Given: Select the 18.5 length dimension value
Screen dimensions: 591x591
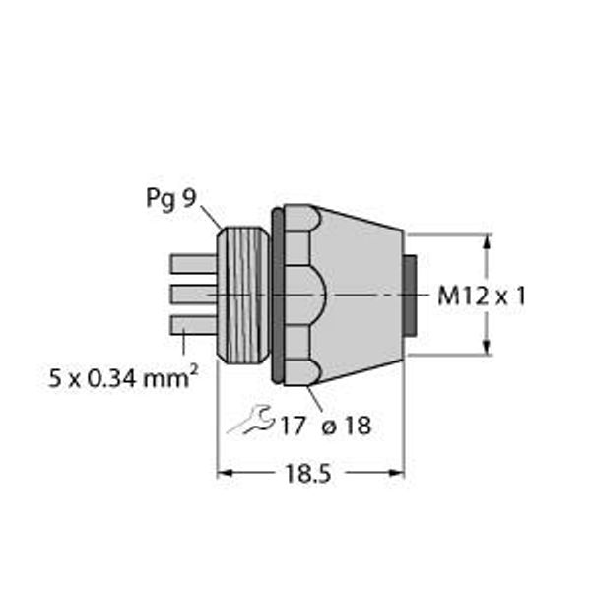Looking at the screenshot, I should tap(309, 475).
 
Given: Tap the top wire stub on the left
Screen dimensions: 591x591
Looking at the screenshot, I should tap(193, 264).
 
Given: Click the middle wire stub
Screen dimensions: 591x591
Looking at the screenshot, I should tap(193, 295).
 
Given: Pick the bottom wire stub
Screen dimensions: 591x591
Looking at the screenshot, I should tap(193, 325).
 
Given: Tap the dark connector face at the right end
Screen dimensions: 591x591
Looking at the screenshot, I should tap(415, 295).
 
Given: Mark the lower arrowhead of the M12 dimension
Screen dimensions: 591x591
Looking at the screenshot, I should tap(486, 348).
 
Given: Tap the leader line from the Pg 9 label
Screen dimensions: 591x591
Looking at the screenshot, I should tap(210, 217).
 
